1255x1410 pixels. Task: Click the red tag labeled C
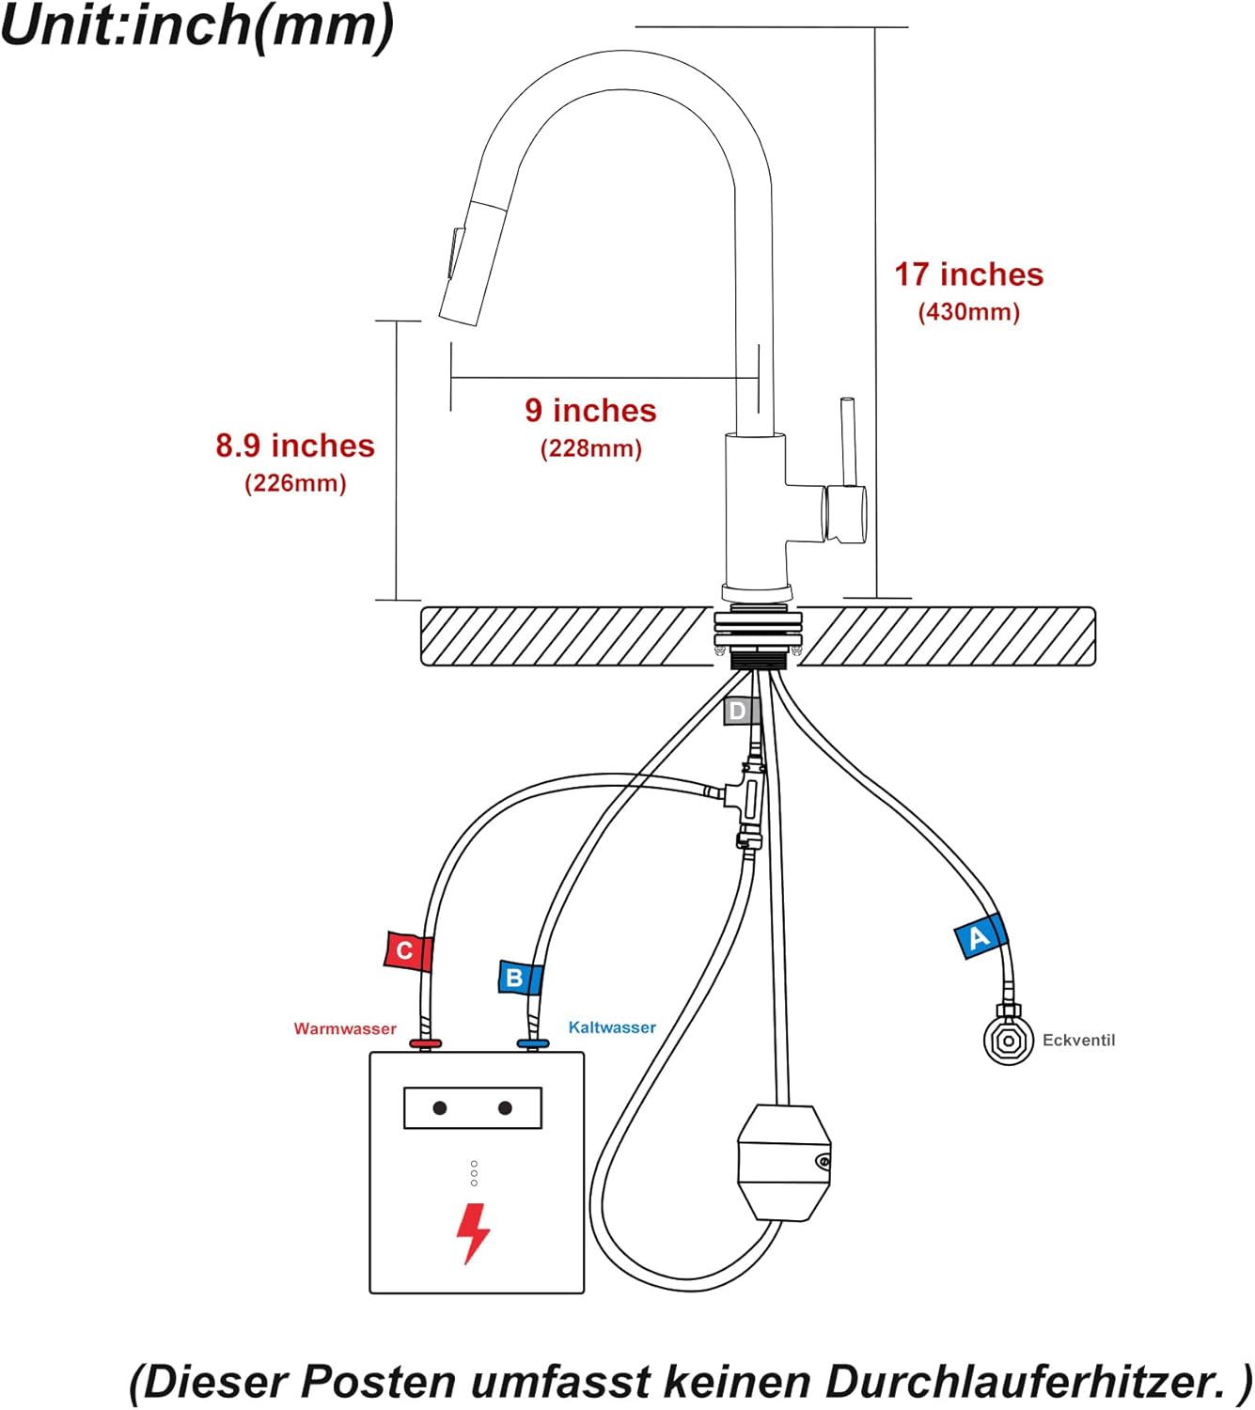(x=406, y=951)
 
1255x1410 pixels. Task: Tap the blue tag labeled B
(x=518, y=978)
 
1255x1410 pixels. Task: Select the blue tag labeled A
(x=980, y=937)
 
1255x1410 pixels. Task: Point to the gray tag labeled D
(x=740, y=712)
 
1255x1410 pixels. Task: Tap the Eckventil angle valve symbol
(x=1008, y=1040)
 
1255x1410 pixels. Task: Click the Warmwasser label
(x=345, y=1029)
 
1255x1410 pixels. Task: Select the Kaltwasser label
(x=612, y=1027)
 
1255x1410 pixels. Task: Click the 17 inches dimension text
(x=968, y=274)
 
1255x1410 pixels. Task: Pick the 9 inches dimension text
(x=590, y=411)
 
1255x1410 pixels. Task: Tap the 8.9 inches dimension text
(x=295, y=446)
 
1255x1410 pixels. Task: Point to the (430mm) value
(x=968, y=312)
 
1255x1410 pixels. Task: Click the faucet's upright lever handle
(x=848, y=442)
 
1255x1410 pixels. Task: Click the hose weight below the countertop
(x=783, y=1162)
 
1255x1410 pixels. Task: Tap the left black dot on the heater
(x=439, y=1108)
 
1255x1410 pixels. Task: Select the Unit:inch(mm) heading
(x=197, y=25)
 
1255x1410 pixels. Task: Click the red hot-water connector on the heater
(x=425, y=1044)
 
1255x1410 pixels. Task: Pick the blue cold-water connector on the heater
(x=532, y=1044)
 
